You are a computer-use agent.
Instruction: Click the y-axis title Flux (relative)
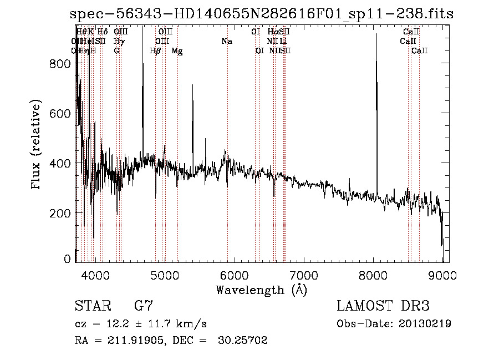(37, 145)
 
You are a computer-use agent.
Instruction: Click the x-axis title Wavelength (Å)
(261, 290)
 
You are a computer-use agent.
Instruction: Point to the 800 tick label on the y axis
(60, 63)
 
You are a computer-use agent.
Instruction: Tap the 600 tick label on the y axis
(60, 113)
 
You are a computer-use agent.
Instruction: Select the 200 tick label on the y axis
(60, 213)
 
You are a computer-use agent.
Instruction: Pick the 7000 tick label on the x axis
(304, 274)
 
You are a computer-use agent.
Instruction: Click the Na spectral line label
(226, 41)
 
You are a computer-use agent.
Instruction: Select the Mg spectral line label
(177, 51)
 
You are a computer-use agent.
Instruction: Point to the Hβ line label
(155, 51)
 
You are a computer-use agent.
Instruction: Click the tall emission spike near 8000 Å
(376, 83)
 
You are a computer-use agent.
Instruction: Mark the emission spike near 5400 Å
(192, 111)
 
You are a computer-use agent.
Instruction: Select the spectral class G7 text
(143, 306)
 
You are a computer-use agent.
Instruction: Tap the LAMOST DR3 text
(383, 306)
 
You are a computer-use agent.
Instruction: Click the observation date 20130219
(424, 324)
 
